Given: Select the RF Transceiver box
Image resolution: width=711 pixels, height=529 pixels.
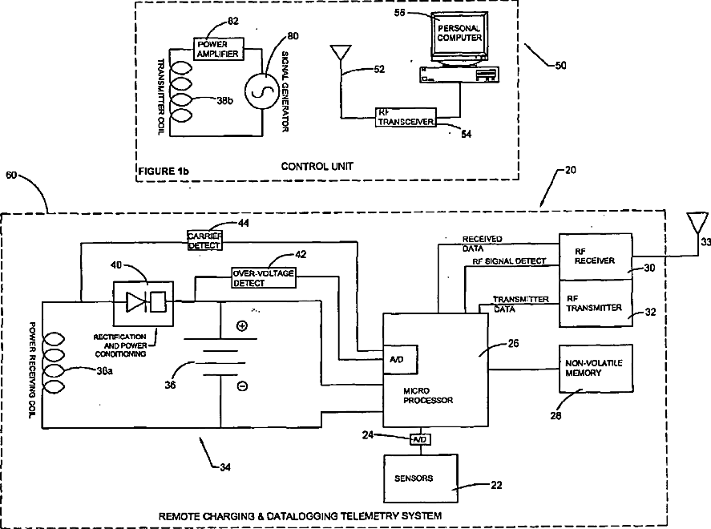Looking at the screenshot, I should click(x=405, y=116).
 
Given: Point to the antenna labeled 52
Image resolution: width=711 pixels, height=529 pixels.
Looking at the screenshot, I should click(x=340, y=55).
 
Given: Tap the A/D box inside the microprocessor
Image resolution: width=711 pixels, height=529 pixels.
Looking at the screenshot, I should click(x=400, y=361).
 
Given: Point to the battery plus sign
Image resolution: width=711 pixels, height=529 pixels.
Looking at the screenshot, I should click(x=241, y=325).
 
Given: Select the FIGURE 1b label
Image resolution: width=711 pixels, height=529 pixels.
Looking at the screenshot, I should click(x=164, y=171).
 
